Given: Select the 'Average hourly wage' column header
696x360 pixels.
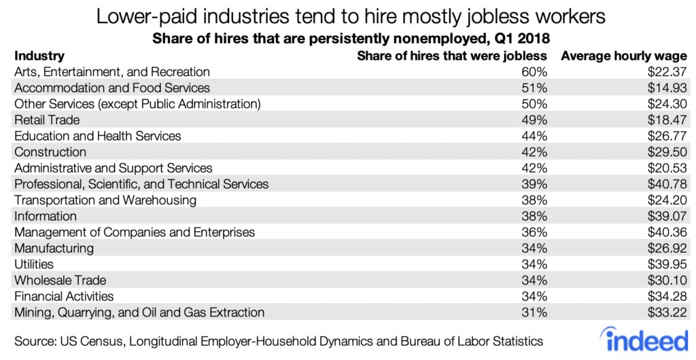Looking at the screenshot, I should pos(623,56).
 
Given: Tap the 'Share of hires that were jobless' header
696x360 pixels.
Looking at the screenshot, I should pos(452,56).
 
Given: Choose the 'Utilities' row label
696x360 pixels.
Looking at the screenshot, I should pos(33,264).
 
